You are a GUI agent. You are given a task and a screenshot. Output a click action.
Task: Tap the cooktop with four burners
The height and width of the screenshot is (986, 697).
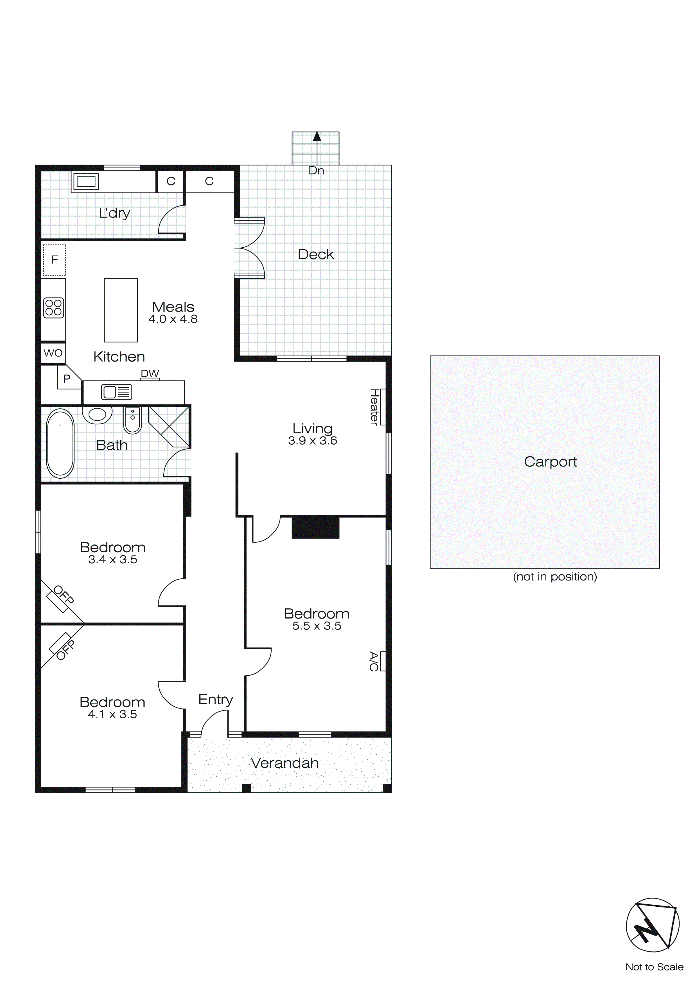(x=54, y=308)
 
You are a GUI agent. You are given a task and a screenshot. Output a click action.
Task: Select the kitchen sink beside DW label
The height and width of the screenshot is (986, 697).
(x=116, y=392)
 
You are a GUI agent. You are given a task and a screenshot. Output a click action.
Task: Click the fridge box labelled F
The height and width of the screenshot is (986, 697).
(x=55, y=260)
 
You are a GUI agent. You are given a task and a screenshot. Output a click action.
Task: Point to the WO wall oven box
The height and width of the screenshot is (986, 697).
(x=53, y=353)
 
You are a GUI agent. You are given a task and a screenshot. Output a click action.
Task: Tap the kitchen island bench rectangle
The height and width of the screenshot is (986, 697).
(x=121, y=310)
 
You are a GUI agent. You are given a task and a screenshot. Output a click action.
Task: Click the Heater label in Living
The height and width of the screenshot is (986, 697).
(x=374, y=407)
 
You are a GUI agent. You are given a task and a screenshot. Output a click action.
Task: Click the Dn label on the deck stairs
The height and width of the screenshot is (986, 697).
(x=316, y=171)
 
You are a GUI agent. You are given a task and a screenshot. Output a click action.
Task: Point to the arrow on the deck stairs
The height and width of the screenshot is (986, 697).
(x=317, y=136)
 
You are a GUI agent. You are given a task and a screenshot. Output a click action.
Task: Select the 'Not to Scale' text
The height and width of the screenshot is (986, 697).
(x=654, y=967)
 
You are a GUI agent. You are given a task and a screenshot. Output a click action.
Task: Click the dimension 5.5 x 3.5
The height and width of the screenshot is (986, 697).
(x=317, y=626)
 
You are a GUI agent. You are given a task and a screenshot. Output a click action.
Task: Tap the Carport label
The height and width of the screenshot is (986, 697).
(x=550, y=462)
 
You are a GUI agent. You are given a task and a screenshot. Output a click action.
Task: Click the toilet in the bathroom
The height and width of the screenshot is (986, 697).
(x=133, y=420)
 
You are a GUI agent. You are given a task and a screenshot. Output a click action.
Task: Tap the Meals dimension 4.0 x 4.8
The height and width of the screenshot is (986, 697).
(x=173, y=319)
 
